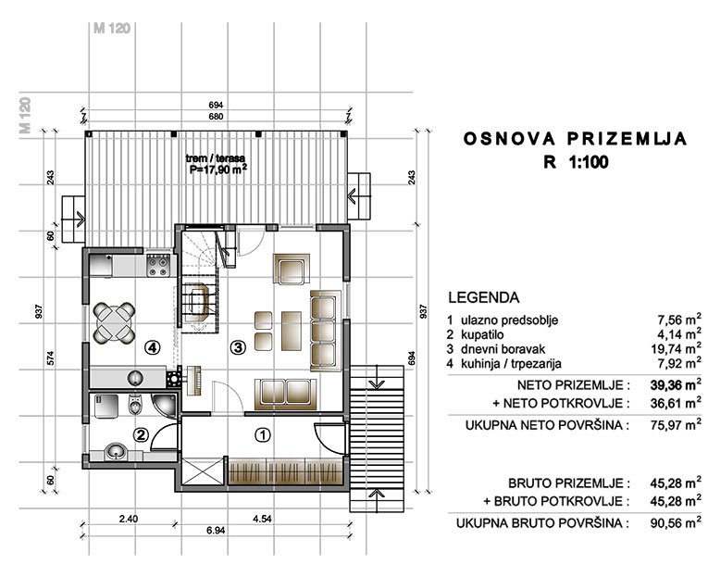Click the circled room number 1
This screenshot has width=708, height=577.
click(263, 434)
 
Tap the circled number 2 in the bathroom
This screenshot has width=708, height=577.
click(141, 434)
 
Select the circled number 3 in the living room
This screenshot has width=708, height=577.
click(238, 347)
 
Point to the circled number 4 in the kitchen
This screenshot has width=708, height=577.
click(152, 347)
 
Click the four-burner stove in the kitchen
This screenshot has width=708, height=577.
click(158, 266)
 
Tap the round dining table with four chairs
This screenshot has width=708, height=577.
click(114, 322)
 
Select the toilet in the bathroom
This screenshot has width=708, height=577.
click(135, 405)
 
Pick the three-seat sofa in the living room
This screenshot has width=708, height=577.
click(326, 331)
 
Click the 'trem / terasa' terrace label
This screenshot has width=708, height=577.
click(216, 158)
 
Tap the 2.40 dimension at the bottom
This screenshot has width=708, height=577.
click(129, 519)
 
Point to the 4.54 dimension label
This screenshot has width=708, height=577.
click(262, 519)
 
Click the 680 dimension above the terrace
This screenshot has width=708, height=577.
click(216, 117)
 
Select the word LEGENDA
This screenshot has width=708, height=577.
click(484, 297)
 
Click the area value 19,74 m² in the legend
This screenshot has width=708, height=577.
click(676, 348)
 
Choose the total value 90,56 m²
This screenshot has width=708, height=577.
click(676, 522)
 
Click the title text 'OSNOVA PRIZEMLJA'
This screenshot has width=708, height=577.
click(576, 139)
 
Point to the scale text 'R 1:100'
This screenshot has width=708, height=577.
click(576, 162)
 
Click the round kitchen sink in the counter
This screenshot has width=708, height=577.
click(135, 377)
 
